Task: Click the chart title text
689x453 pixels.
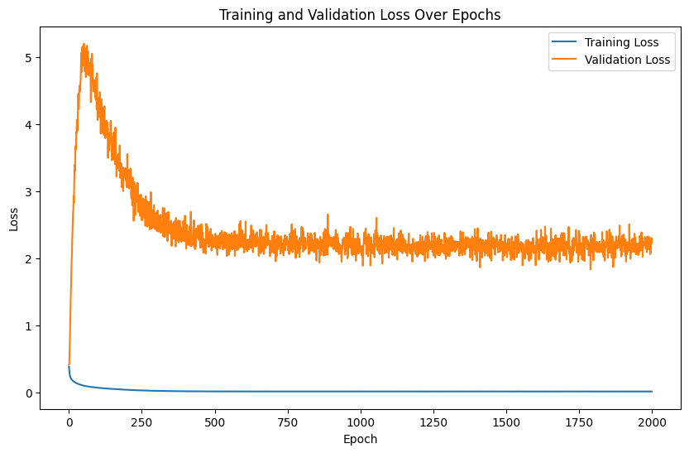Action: (x=360, y=15)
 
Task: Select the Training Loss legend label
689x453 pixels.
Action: (x=622, y=42)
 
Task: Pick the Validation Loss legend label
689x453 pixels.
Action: (x=627, y=60)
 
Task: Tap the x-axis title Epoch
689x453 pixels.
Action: (x=360, y=439)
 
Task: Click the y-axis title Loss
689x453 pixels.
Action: (x=13, y=219)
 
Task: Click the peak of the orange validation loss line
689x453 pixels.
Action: (x=84, y=44)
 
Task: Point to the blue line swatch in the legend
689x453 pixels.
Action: (x=565, y=42)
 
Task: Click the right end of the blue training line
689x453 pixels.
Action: (x=652, y=391)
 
